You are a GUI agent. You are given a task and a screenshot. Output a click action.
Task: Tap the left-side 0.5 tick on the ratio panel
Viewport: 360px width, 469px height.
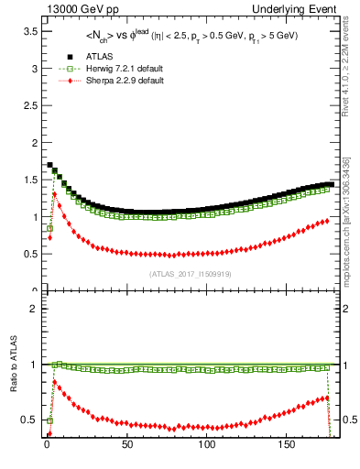28,420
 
